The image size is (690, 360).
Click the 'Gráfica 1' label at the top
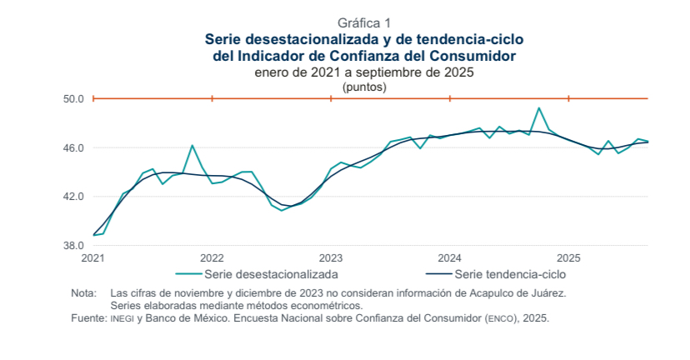363,22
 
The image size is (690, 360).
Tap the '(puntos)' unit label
364,86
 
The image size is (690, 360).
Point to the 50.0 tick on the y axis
73,99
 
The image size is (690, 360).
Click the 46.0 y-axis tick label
73,148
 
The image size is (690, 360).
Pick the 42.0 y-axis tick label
73,197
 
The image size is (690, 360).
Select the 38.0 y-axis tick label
73,246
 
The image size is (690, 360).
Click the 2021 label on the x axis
93,257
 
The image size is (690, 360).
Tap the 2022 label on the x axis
212,257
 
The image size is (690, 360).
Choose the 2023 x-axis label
331,257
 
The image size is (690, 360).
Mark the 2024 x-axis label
450,257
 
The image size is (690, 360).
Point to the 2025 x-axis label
568,257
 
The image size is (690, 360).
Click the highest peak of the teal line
539,108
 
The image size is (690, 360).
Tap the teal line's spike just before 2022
192,146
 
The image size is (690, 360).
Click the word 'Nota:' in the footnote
84,293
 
